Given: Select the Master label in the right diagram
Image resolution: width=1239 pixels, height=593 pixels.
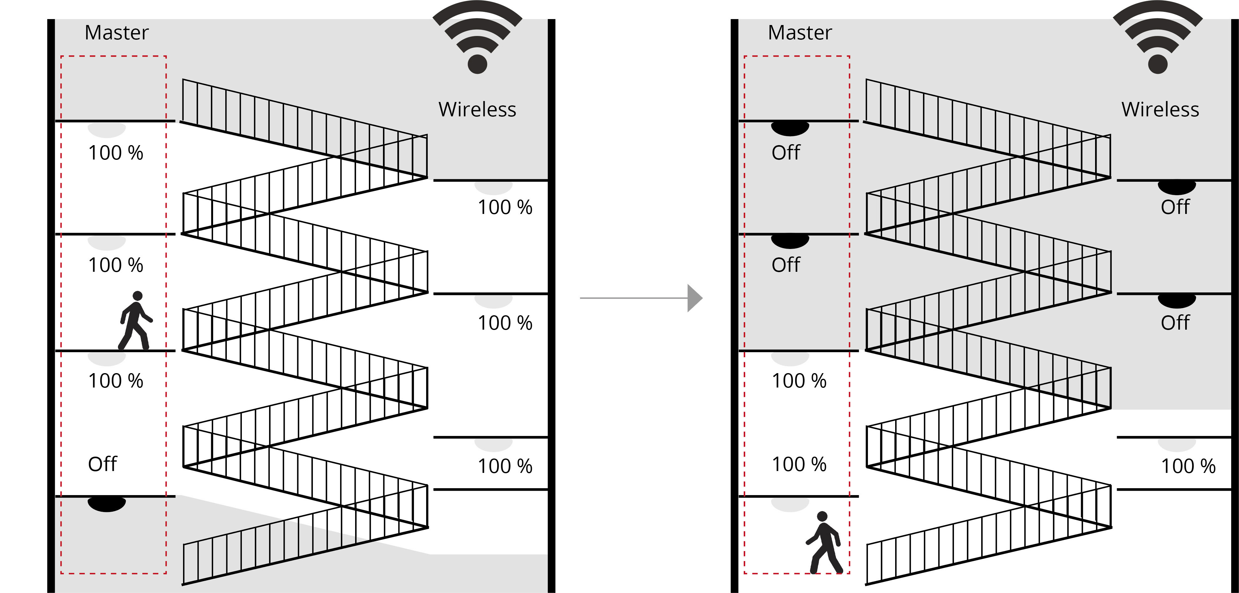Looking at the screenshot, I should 799,33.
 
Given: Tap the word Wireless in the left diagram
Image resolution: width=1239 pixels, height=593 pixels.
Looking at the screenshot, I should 477,110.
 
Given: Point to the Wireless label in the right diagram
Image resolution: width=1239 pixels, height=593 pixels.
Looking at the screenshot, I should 1160,110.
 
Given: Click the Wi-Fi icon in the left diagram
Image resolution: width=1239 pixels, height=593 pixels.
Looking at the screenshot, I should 477,38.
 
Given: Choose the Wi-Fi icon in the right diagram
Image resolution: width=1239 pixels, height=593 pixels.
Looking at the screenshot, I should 1157,38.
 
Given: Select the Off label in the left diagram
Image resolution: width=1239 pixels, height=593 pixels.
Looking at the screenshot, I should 102,464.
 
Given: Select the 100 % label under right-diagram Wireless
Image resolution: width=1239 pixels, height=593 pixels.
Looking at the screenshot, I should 1188,466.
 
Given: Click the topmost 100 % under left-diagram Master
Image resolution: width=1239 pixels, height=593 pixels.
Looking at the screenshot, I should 115,153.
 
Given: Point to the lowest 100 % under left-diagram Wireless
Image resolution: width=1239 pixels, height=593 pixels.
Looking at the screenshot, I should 505,466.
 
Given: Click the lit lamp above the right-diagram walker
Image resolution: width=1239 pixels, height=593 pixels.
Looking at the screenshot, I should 790,504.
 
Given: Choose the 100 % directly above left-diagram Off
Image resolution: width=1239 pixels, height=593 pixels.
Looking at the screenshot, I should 115,381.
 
